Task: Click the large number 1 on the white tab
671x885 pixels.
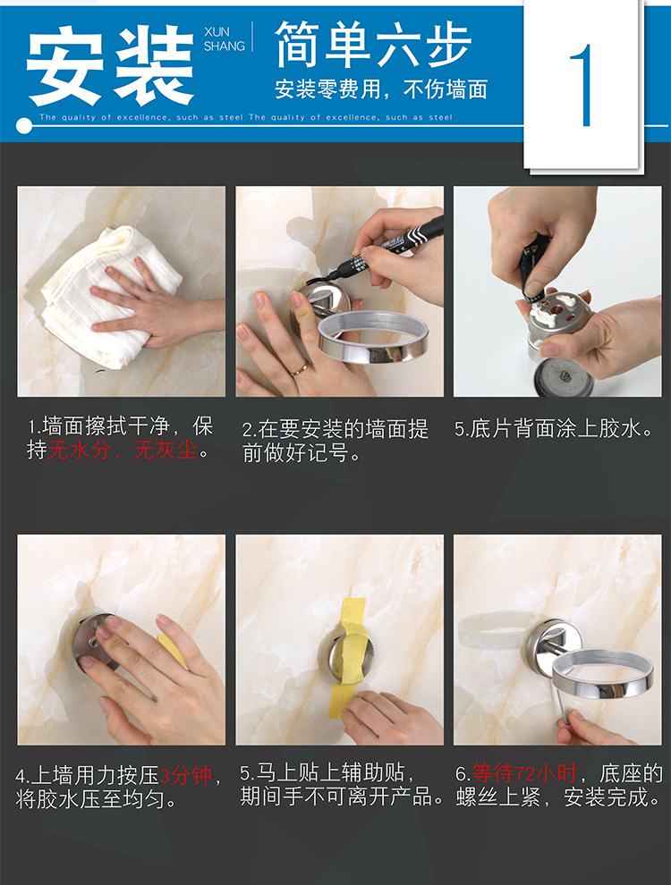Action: [582, 85]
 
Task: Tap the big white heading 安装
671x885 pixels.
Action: [111, 65]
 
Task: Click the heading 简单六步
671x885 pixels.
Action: [372, 45]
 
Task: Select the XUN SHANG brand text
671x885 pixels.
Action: [225, 39]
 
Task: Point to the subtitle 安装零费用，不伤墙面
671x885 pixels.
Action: [381, 89]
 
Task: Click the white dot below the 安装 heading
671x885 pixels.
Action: [24, 125]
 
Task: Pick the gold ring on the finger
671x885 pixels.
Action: [300, 368]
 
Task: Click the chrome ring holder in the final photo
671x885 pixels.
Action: [602, 673]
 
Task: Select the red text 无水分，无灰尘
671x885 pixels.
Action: [123, 451]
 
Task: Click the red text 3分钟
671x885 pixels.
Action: [186, 776]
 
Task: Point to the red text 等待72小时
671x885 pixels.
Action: [523, 773]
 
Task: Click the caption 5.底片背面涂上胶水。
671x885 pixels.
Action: [555, 429]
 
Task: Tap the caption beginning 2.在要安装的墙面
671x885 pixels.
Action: [335, 441]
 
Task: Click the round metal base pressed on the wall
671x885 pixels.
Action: [94, 641]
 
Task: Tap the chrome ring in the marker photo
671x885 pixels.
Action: [372, 338]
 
